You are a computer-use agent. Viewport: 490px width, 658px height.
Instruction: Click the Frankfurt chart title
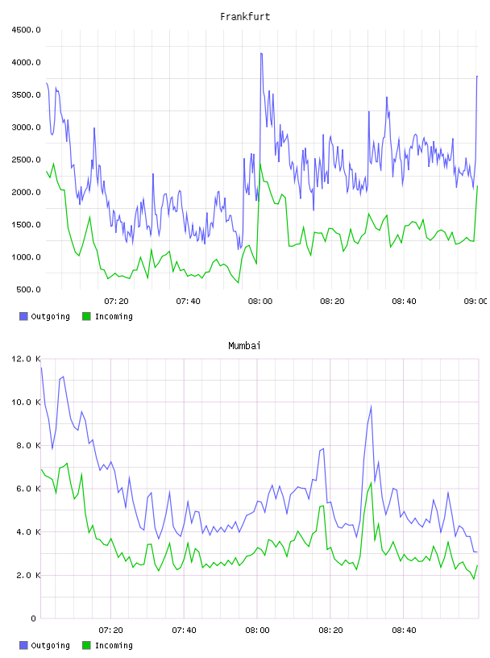click(245, 17)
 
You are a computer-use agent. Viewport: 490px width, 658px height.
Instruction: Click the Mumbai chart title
click(244, 346)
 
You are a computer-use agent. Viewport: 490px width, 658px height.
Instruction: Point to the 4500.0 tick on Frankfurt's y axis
click(26, 30)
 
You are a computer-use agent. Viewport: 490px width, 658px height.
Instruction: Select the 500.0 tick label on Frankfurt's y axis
click(28, 289)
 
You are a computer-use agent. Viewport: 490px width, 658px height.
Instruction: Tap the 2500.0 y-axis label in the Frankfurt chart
click(26, 160)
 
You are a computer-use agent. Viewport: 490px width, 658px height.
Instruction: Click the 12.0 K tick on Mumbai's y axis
click(26, 359)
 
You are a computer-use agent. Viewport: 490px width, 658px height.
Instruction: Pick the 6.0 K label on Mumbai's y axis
click(28, 489)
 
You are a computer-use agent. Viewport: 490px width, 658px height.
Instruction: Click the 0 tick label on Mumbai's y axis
click(33, 618)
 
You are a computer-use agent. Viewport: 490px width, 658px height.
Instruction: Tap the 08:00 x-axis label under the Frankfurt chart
click(260, 302)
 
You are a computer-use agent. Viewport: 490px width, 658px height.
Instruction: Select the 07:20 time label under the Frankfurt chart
click(116, 302)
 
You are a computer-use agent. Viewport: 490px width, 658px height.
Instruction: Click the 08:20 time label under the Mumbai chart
click(330, 631)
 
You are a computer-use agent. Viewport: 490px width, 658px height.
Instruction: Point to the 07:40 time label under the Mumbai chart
click(184, 631)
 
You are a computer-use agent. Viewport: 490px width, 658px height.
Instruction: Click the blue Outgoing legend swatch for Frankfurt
click(23, 316)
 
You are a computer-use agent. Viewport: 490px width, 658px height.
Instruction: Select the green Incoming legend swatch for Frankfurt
click(86, 316)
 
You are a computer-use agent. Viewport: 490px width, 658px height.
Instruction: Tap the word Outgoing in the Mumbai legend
click(50, 645)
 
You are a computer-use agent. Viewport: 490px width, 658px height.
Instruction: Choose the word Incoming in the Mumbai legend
click(114, 645)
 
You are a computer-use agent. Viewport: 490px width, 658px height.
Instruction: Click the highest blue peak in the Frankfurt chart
click(261, 54)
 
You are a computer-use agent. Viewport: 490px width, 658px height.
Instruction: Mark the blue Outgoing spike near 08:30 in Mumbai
click(371, 406)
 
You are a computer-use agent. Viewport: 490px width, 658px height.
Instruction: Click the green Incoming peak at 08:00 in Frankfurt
click(260, 163)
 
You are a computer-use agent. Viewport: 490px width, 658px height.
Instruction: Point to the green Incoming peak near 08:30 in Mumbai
click(372, 483)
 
